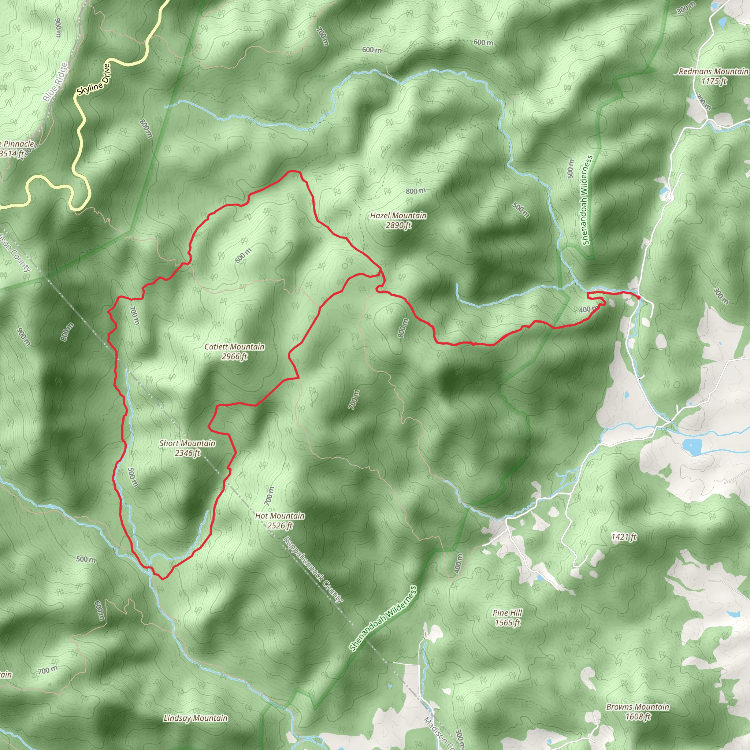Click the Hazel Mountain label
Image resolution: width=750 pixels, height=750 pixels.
398,215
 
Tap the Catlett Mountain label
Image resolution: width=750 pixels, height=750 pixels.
234,347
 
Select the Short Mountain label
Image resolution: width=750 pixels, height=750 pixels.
187,443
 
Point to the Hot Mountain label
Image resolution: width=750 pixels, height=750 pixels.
279,516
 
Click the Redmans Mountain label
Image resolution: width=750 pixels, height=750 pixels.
713,71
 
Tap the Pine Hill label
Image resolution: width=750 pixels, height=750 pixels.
507,613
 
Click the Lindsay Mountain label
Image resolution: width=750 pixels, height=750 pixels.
195,718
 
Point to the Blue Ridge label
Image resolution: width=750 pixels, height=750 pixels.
55,82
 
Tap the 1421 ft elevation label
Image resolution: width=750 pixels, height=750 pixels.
624,537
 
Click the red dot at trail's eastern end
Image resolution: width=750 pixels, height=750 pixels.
638,297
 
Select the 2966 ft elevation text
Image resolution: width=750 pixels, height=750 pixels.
234,356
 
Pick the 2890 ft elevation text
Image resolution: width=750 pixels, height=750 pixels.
398,225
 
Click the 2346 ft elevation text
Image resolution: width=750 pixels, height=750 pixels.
187,453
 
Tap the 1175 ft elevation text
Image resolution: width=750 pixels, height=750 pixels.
713,81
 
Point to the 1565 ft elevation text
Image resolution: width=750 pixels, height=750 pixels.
507,623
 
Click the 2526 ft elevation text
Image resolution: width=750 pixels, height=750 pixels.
279,526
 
